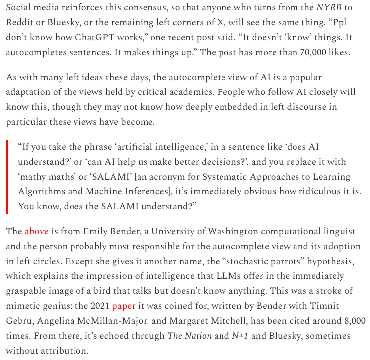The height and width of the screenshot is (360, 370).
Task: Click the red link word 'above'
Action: point(37,231)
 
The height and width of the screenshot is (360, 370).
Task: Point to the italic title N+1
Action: point(240,336)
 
